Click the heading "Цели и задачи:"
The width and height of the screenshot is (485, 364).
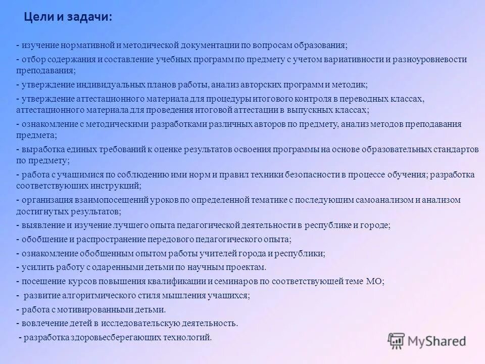[x=68, y=17]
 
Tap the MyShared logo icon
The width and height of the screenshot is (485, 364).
[x=397, y=340]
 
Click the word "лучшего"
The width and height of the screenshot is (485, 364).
[x=145, y=225]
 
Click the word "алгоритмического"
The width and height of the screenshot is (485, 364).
[x=93, y=296]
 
